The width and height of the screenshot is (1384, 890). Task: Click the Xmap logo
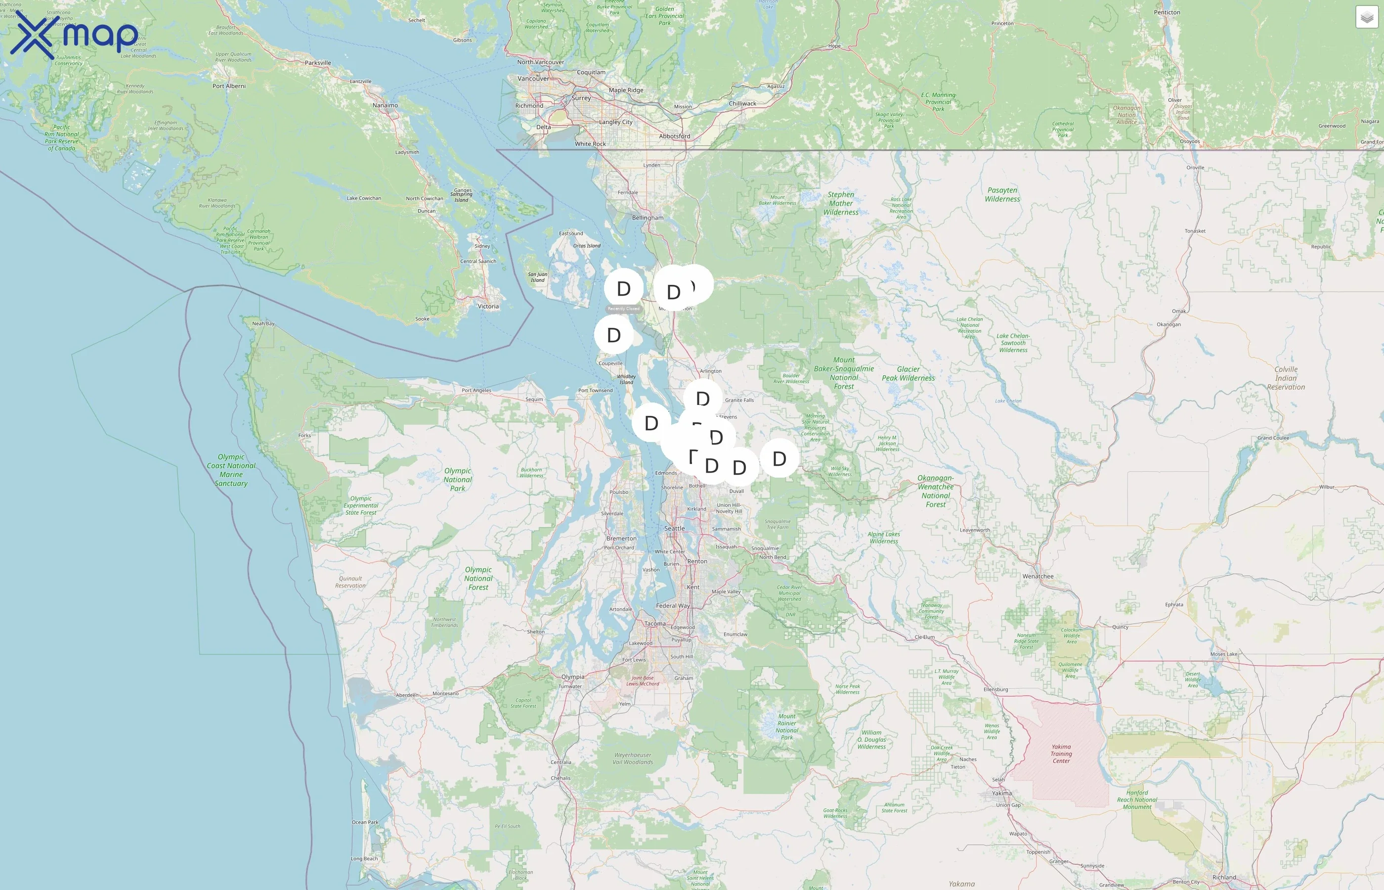pos(74,36)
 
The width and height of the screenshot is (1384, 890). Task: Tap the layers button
pos(1366,17)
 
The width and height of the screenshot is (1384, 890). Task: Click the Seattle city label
pos(674,528)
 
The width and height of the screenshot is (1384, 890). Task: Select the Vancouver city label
pos(533,79)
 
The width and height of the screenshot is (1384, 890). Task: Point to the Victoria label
pos(488,306)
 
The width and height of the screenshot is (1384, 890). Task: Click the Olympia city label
pos(572,677)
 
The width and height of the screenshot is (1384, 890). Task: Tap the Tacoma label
pos(654,623)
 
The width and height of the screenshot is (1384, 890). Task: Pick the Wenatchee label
pos(1038,576)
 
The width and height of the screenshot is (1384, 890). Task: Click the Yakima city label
pos(1001,793)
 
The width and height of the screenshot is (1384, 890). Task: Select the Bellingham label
pos(648,218)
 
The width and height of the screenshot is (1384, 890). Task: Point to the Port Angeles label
pos(476,391)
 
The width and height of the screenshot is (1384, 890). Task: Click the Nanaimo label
pos(385,105)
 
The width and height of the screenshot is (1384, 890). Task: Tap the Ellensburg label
pos(995,689)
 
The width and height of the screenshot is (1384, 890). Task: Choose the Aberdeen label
pos(407,695)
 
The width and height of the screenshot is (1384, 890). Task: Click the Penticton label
pos(1167,12)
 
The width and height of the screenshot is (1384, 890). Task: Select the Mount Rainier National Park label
pos(787,726)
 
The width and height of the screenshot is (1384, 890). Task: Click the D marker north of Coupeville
pos(613,335)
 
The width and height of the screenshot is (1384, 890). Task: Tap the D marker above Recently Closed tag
pos(623,288)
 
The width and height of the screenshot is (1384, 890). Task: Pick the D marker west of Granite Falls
pos(702,399)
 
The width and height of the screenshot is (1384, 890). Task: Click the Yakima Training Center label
pos(1061,754)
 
